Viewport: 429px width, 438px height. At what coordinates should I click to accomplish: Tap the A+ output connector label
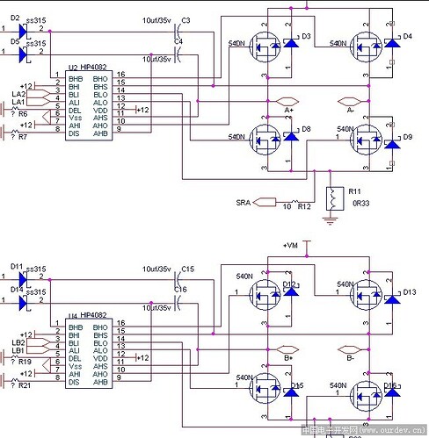click(287, 111)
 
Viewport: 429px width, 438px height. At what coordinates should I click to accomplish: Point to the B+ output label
click(287, 357)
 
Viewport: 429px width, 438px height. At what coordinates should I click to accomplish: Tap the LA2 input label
click(18, 92)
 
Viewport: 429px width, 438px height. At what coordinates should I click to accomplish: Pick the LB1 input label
click(18, 350)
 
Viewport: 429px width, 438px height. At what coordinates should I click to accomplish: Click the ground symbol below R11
click(331, 219)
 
